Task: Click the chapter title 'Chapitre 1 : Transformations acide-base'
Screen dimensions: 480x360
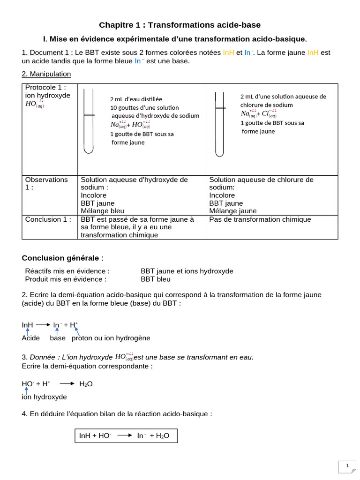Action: [180, 25]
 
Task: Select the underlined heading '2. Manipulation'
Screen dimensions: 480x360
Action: [46, 74]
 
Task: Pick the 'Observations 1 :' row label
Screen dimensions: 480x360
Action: [46, 183]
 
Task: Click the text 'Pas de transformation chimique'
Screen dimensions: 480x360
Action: [260, 219]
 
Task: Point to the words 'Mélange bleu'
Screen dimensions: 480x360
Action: [103, 211]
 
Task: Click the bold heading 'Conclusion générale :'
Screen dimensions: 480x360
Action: [63, 258]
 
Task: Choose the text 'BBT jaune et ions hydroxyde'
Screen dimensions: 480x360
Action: [187, 271]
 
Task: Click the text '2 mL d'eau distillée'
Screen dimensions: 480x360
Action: [136, 99]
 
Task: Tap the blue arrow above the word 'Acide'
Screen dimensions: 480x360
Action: [28, 331]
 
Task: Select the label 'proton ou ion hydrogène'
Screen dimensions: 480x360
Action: [111, 338]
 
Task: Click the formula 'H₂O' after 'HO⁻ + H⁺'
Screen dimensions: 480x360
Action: [86, 384]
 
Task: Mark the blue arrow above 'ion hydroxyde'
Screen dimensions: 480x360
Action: [26, 390]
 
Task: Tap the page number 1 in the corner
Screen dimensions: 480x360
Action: [347, 466]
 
